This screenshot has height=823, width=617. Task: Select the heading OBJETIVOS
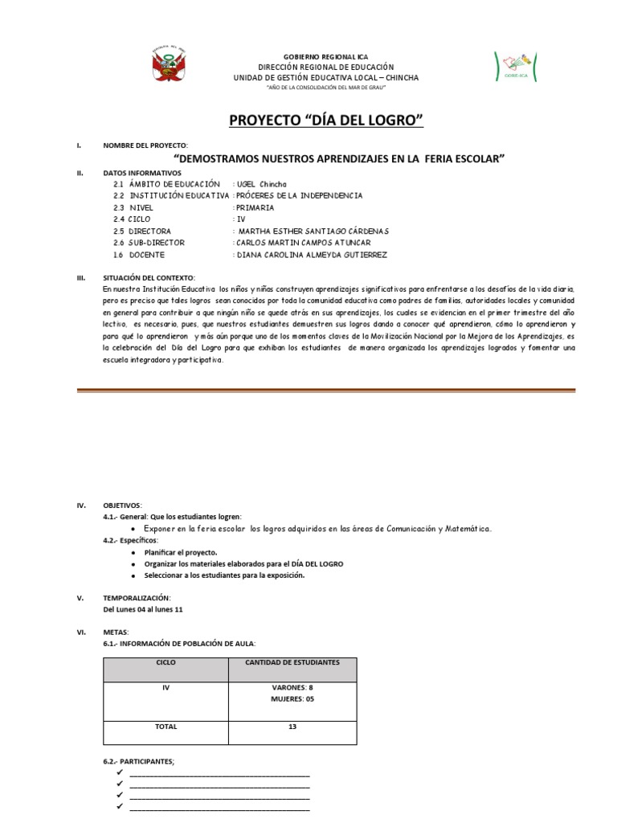click(x=121, y=506)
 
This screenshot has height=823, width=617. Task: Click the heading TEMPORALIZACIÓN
click(x=137, y=598)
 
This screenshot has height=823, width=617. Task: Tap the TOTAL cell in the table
click(x=167, y=727)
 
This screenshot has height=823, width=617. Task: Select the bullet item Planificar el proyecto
click(x=181, y=553)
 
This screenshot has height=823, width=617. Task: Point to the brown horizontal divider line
click(x=325, y=390)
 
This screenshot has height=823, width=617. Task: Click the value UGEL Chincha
click(x=261, y=184)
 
